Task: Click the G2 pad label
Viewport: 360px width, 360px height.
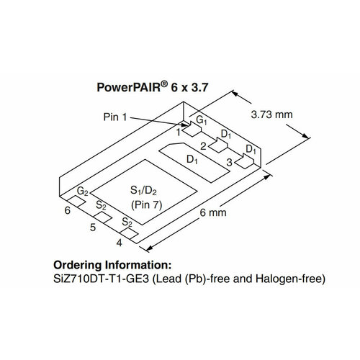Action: point(83,193)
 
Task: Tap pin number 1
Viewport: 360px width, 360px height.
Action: point(178,132)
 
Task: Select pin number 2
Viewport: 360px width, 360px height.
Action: point(204,147)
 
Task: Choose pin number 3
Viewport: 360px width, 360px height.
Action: point(229,163)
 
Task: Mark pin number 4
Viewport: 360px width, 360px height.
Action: point(119,242)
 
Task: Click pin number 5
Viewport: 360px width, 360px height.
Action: point(93,227)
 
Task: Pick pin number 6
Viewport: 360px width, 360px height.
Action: point(67,211)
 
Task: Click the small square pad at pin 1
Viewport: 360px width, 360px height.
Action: point(189,130)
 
